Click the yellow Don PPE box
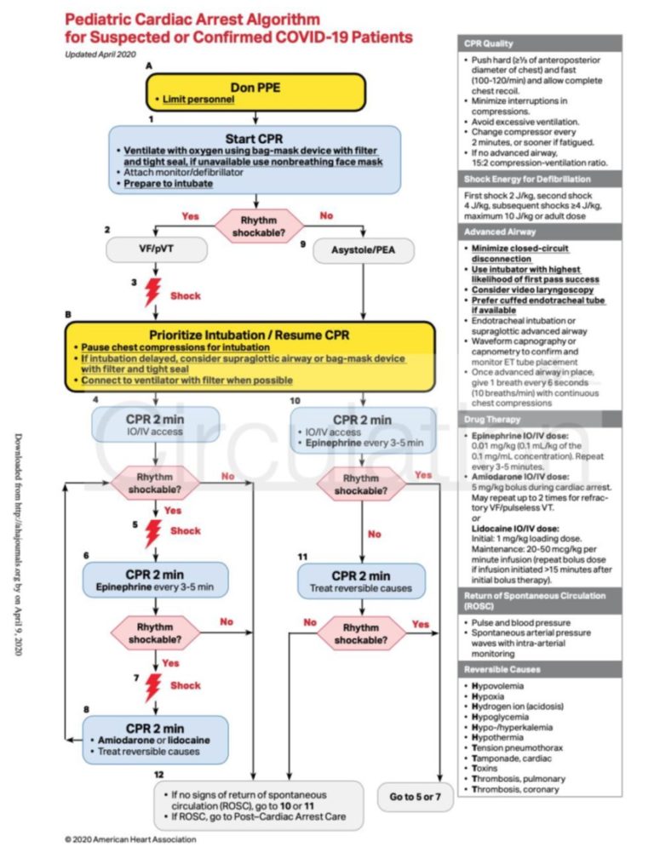pos(255,93)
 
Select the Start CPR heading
pos(255,139)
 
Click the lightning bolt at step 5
pos(153,533)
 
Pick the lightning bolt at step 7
pos(153,686)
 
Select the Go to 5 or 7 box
pos(415,797)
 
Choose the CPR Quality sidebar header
pos(488,43)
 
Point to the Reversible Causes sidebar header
pos(501,669)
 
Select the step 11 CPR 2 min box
pos(361,581)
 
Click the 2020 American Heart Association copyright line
pos(130,838)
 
